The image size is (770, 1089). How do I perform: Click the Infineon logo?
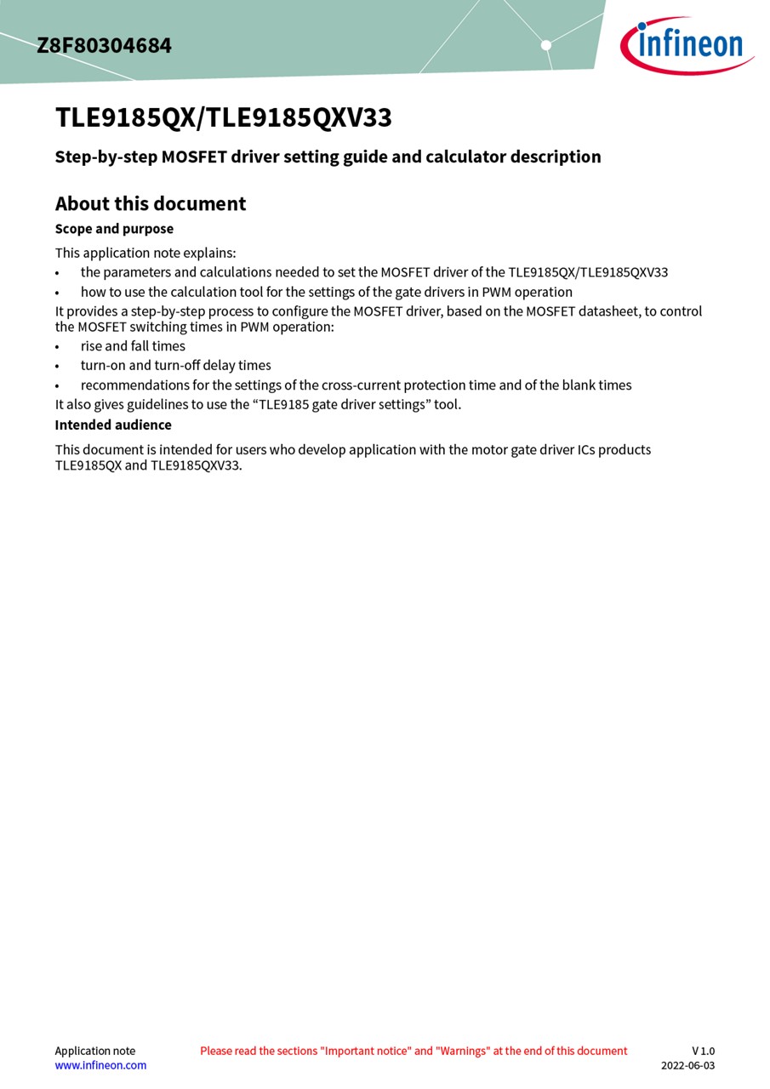coord(687,44)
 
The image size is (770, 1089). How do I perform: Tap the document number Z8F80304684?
coord(104,46)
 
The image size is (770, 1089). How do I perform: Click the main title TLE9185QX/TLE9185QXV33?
coord(223,117)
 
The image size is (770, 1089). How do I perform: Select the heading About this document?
coord(151,204)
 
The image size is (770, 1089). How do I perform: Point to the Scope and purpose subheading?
coord(114,229)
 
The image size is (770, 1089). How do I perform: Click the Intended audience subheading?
coord(113,425)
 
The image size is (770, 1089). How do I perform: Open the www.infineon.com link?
coord(100,1065)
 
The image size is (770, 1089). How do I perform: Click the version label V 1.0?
coord(703,1051)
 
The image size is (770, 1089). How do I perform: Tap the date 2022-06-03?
coord(687,1065)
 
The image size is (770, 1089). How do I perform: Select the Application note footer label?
coord(94,1051)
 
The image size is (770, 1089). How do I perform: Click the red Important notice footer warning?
coord(414,1051)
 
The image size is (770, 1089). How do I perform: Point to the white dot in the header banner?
coord(546,45)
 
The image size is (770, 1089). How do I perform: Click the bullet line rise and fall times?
coord(133,346)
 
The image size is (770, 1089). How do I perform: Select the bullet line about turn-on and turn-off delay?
coord(175,366)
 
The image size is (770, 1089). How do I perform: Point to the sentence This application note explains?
coord(145,253)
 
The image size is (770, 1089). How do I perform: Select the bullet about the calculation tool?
coord(326,292)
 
